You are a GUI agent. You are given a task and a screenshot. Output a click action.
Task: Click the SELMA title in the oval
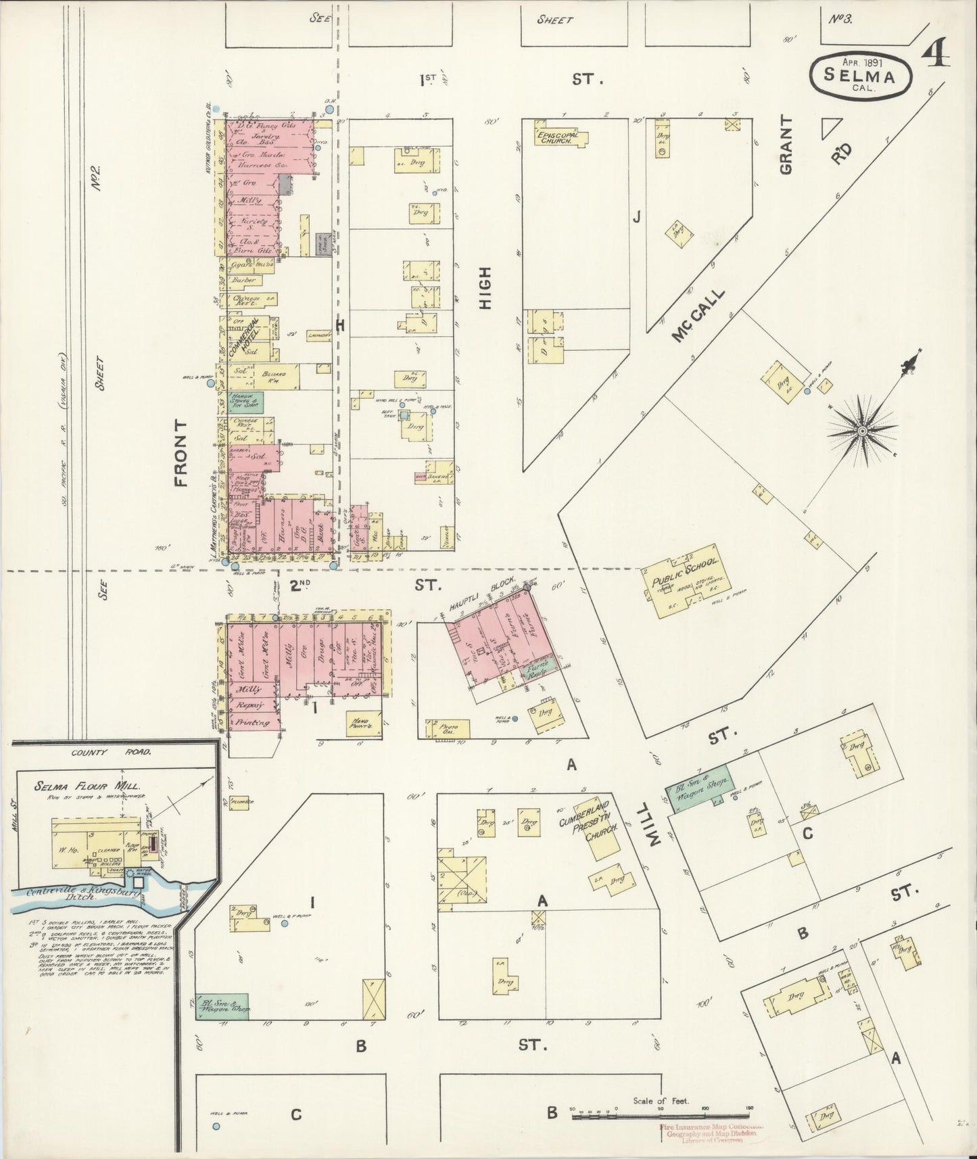click(860, 76)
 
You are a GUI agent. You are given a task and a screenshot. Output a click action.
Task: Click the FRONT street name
click(180, 452)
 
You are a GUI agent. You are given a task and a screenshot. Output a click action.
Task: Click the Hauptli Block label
click(481, 596)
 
